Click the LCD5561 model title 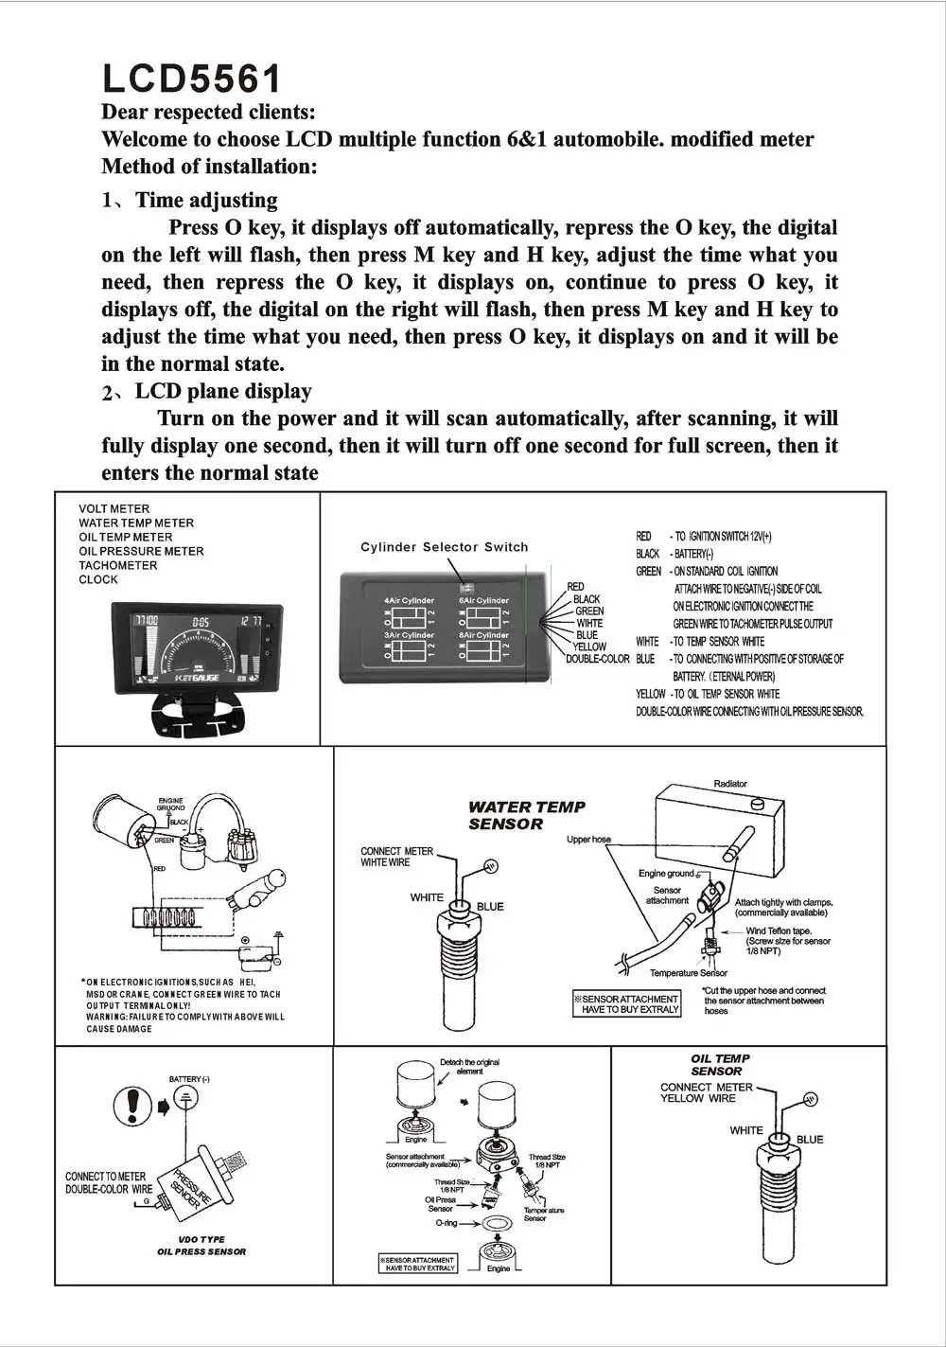coord(191,80)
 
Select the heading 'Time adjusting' coord(206,201)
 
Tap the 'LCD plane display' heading coord(223,392)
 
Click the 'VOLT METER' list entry coord(114,509)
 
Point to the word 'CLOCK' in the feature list coord(98,580)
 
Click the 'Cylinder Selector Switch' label coord(445,547)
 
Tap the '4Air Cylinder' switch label coord(410,600)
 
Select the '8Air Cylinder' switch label coord(484,635)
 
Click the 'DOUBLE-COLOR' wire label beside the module coord(598,659)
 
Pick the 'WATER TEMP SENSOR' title coord(526,815)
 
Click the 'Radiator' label coord(730,784)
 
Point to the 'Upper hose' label coord(588,840)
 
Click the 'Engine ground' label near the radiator coord(666,874)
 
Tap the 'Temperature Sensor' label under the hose coord(689,973)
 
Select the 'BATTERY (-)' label coord(189,1079)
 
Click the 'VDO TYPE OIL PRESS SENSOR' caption coord(201,1246)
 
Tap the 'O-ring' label coord(447,1223)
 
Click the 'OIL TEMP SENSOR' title coord(720,1065)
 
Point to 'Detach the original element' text coord(469,1067)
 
